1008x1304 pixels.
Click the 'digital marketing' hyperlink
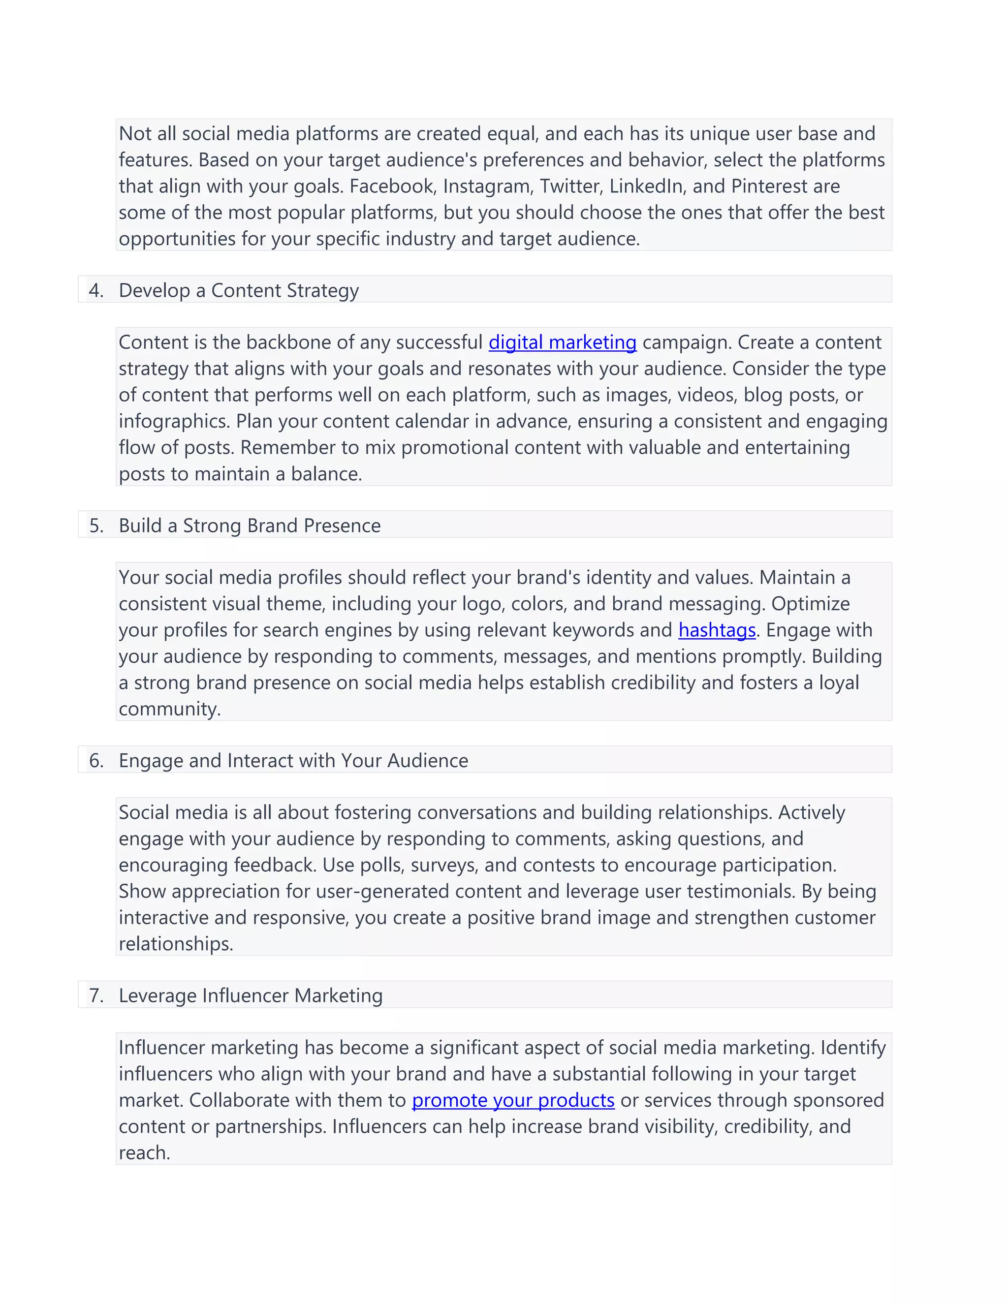pyautogui.click(x=562, y=342)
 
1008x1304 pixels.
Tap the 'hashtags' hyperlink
pyautogui.click(x=717, y=630)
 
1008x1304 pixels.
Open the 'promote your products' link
pyautogui.click(x=513, y=1100)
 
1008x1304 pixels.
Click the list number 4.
pyautogui.click(x=95, y=290)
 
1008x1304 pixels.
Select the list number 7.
pyautogui.click(x=95, y=995)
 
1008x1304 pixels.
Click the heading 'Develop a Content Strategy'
pyautogui.click(x=238, y=290)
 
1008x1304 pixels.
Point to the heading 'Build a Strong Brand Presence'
pyautogui.click(x=249, y=526)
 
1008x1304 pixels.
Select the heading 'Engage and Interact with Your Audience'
pyautogui.click(x=293, y=761)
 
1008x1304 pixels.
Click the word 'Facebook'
pyautogui.click(x=394, y=186)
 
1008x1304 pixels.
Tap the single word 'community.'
pyautogui.click(x=170, y=709)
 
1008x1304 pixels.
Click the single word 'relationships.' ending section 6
pyautogui.click(x=176, y=944)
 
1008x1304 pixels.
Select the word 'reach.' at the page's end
pyautogui.click(x=144, y=1153)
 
